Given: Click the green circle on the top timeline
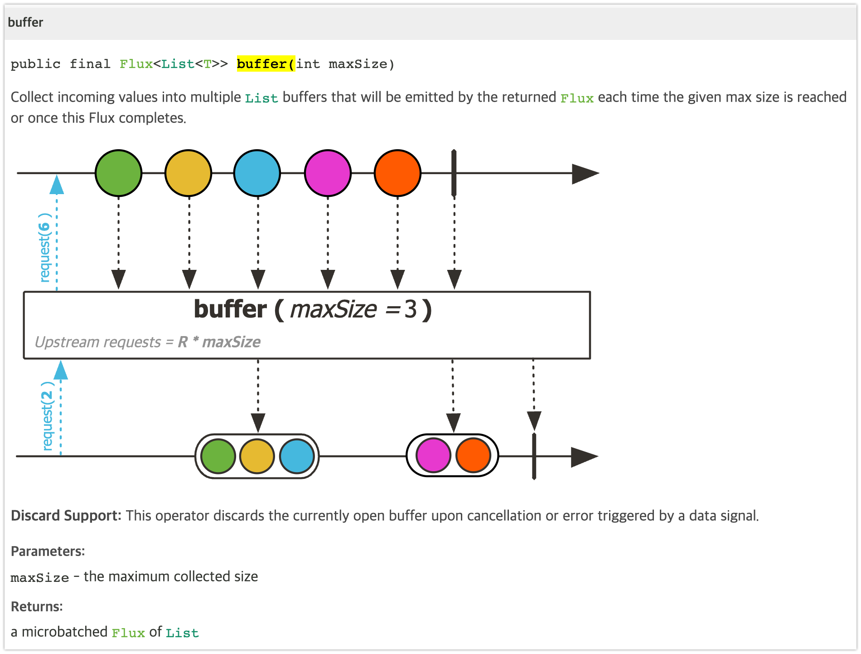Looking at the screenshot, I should pyautogui.click(x=119, y=173).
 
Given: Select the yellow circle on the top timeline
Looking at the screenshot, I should pyautogui.click(x=188, y=173).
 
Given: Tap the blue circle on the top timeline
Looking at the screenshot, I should pyautogui.click(x=257, y=173).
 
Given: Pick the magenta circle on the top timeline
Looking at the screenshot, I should pyautogui.click(x=328, y=173).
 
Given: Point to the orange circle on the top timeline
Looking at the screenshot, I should pyautogui.click(x=397, y=173).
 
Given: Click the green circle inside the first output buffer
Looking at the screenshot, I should pyautogui.click(x=218, y=456).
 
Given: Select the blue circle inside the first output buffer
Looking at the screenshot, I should pyautogui.click(x=297, y=456).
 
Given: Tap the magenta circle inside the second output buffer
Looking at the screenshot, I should pyautogui.click(x=433, y=455).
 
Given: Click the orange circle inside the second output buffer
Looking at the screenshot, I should pyautogui.click(x=473, y=455).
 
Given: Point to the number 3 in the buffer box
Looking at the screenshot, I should pyautogui.click(x=410, y=310).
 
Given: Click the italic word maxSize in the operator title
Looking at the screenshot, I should pyautogui.click(x=333, y=310).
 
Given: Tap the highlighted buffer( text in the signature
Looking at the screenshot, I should pyautogui.click(x=266, y=64).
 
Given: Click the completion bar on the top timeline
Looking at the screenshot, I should pyautogui.click(x=454, y=173).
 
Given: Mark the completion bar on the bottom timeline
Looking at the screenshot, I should pyautogui.click(x=534, y=456).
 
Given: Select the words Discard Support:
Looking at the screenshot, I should pyautogui.click(x=66, y=516).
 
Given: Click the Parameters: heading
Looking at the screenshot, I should pyautogui.click(x=48, y=551).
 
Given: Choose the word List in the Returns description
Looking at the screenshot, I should pyautogui.click(x=182, y=633).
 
